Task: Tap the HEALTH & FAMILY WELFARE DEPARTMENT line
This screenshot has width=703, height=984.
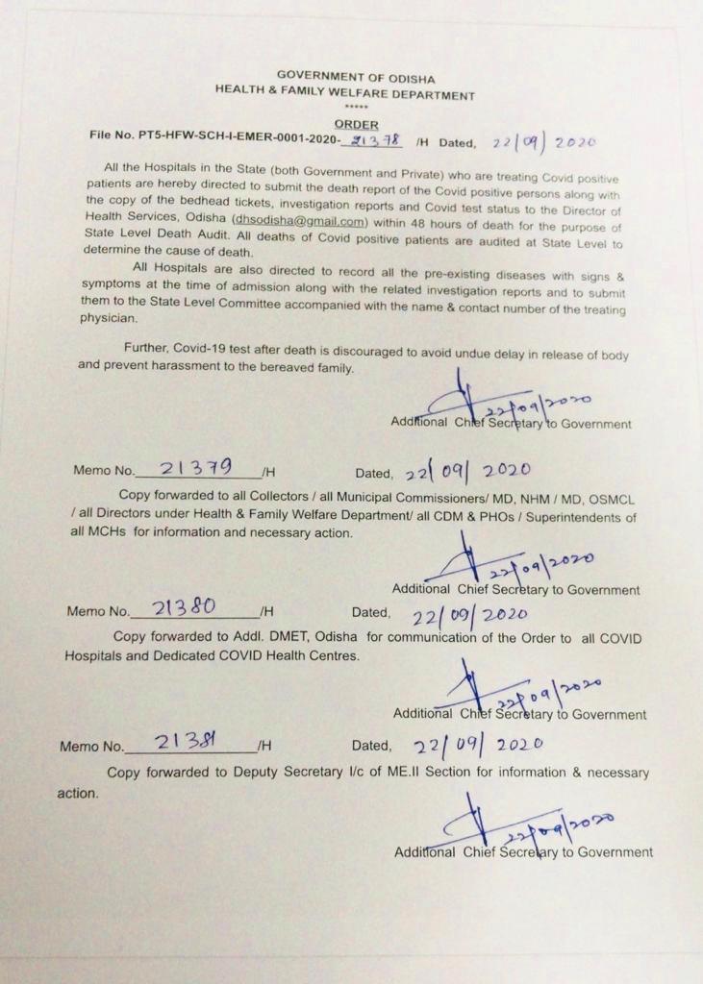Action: click(344, 94)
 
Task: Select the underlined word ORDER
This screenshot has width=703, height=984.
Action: click(356, 125)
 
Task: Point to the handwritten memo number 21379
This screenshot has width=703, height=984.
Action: click(196, 468)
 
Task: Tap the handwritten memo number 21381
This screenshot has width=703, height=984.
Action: click(188, 741)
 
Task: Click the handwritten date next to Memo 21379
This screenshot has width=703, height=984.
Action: click(467, 472)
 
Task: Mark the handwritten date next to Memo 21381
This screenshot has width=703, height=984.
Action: click(478, 745)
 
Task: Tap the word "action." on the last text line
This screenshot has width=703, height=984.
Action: click(77, 794)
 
